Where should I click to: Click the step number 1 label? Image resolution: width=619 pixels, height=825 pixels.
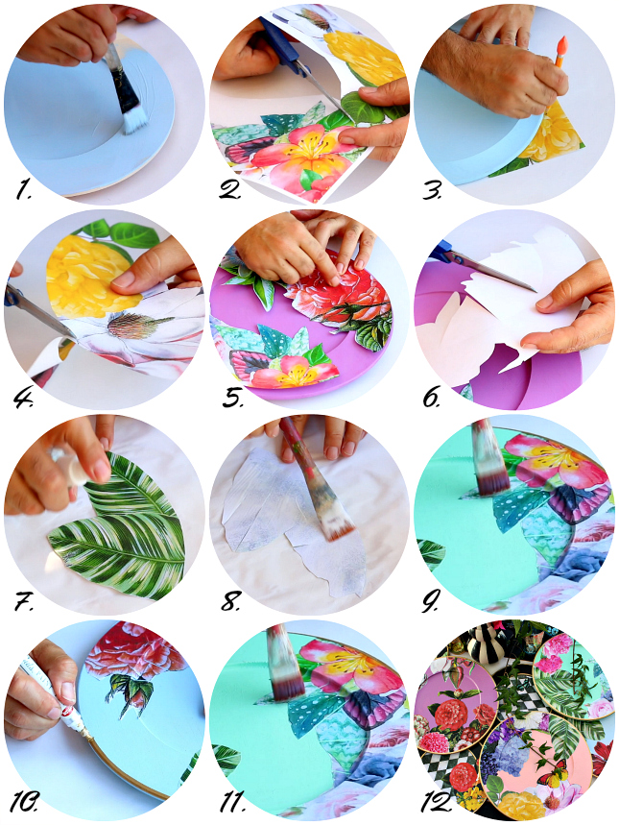(x=23, y=190)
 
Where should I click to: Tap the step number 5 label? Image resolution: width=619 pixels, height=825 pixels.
(x=231, y=398)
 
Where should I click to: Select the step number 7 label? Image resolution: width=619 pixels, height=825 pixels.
(x=24, y=601)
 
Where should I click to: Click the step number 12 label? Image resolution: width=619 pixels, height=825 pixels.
(x=437, y=803)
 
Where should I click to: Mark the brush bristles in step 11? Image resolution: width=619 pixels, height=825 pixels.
(x=287, y=677)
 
